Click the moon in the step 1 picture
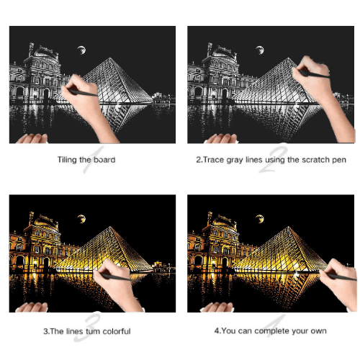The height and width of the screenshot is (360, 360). [x=81, y=50]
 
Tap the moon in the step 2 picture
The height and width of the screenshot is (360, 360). [x=260, y=50]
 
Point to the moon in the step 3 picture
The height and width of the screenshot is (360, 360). [x=81, y=219]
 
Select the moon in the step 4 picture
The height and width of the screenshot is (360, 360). [x=260, y=219]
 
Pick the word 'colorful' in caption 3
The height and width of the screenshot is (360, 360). [x=117, y=331]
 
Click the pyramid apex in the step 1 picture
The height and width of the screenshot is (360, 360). [x=110, y=58]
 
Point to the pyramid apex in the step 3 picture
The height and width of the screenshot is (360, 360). [x=110, y=227]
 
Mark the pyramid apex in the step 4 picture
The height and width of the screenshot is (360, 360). [x=288, y=227]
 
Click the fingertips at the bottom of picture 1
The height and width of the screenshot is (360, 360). [x=32, y=138]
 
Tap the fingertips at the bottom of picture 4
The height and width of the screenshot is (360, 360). [x=217, y=307]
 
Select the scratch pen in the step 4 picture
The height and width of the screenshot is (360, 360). [x=341, y=276]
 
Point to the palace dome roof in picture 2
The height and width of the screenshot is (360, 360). [x=223, y=52]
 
